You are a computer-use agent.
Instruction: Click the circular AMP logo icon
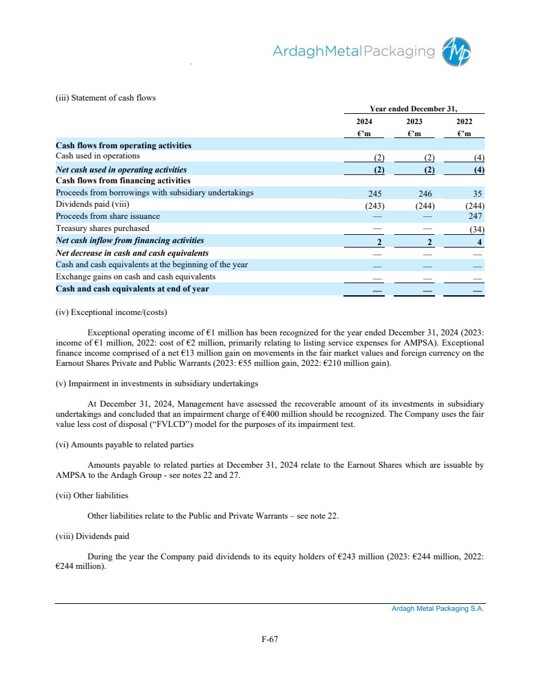pyautogui.click(x=457, y=52)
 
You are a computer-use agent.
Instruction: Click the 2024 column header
pyautogui.click(x=364, y=122)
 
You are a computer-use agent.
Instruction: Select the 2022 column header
pyautogui.click(x=464, y=122)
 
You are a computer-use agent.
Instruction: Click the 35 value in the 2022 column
pyautogui.click(x=478, y=193)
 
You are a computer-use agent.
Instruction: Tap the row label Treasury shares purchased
pyautogui.click(x=102, y=228)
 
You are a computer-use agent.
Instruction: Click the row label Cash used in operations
pyautogui.click(x=97, y=155)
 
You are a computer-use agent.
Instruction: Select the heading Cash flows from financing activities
pyautogui.click(x=123, y=181)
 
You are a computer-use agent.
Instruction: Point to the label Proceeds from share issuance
pyautogui.click(x=107, y=216)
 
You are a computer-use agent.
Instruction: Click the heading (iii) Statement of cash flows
pyautogui.click(x=106, y=97)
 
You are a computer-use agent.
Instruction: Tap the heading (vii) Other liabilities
pyautogui.click(x=92, y=495)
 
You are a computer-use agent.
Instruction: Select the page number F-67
pyautogui.click(x=270, y=640)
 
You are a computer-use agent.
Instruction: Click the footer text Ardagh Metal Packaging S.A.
pyautogui.click(x=438, y=609)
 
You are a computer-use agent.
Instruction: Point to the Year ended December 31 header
pyautogui.click(x=413, y=108)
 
